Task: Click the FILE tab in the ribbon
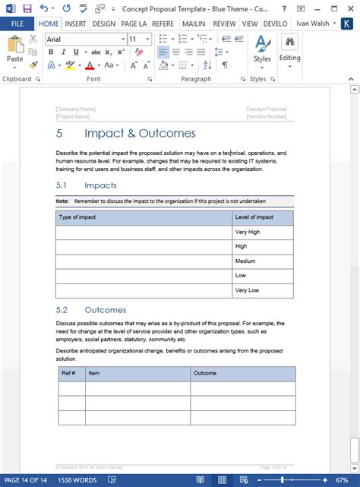tap(17, 23)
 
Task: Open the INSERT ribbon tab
tap(75, 23)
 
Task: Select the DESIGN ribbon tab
tap(103, 23)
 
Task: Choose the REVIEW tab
tap(224, 23)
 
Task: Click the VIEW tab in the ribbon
tap(250, 23)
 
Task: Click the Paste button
tap(14, 53)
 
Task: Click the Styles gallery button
tap(262, 50)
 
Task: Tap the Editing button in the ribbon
tap(289, 50)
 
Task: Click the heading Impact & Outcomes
tap(140, 134)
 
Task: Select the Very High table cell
tap(248, 232)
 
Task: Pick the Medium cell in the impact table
tap(246, 261)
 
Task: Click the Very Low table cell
tap(247, 290)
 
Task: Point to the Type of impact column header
tap(77, 217)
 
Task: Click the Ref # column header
tap(68, 373)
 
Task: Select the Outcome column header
tap(205, 373)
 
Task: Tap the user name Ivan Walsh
tap(314, 23)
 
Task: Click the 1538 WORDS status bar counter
tap(77, 480)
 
